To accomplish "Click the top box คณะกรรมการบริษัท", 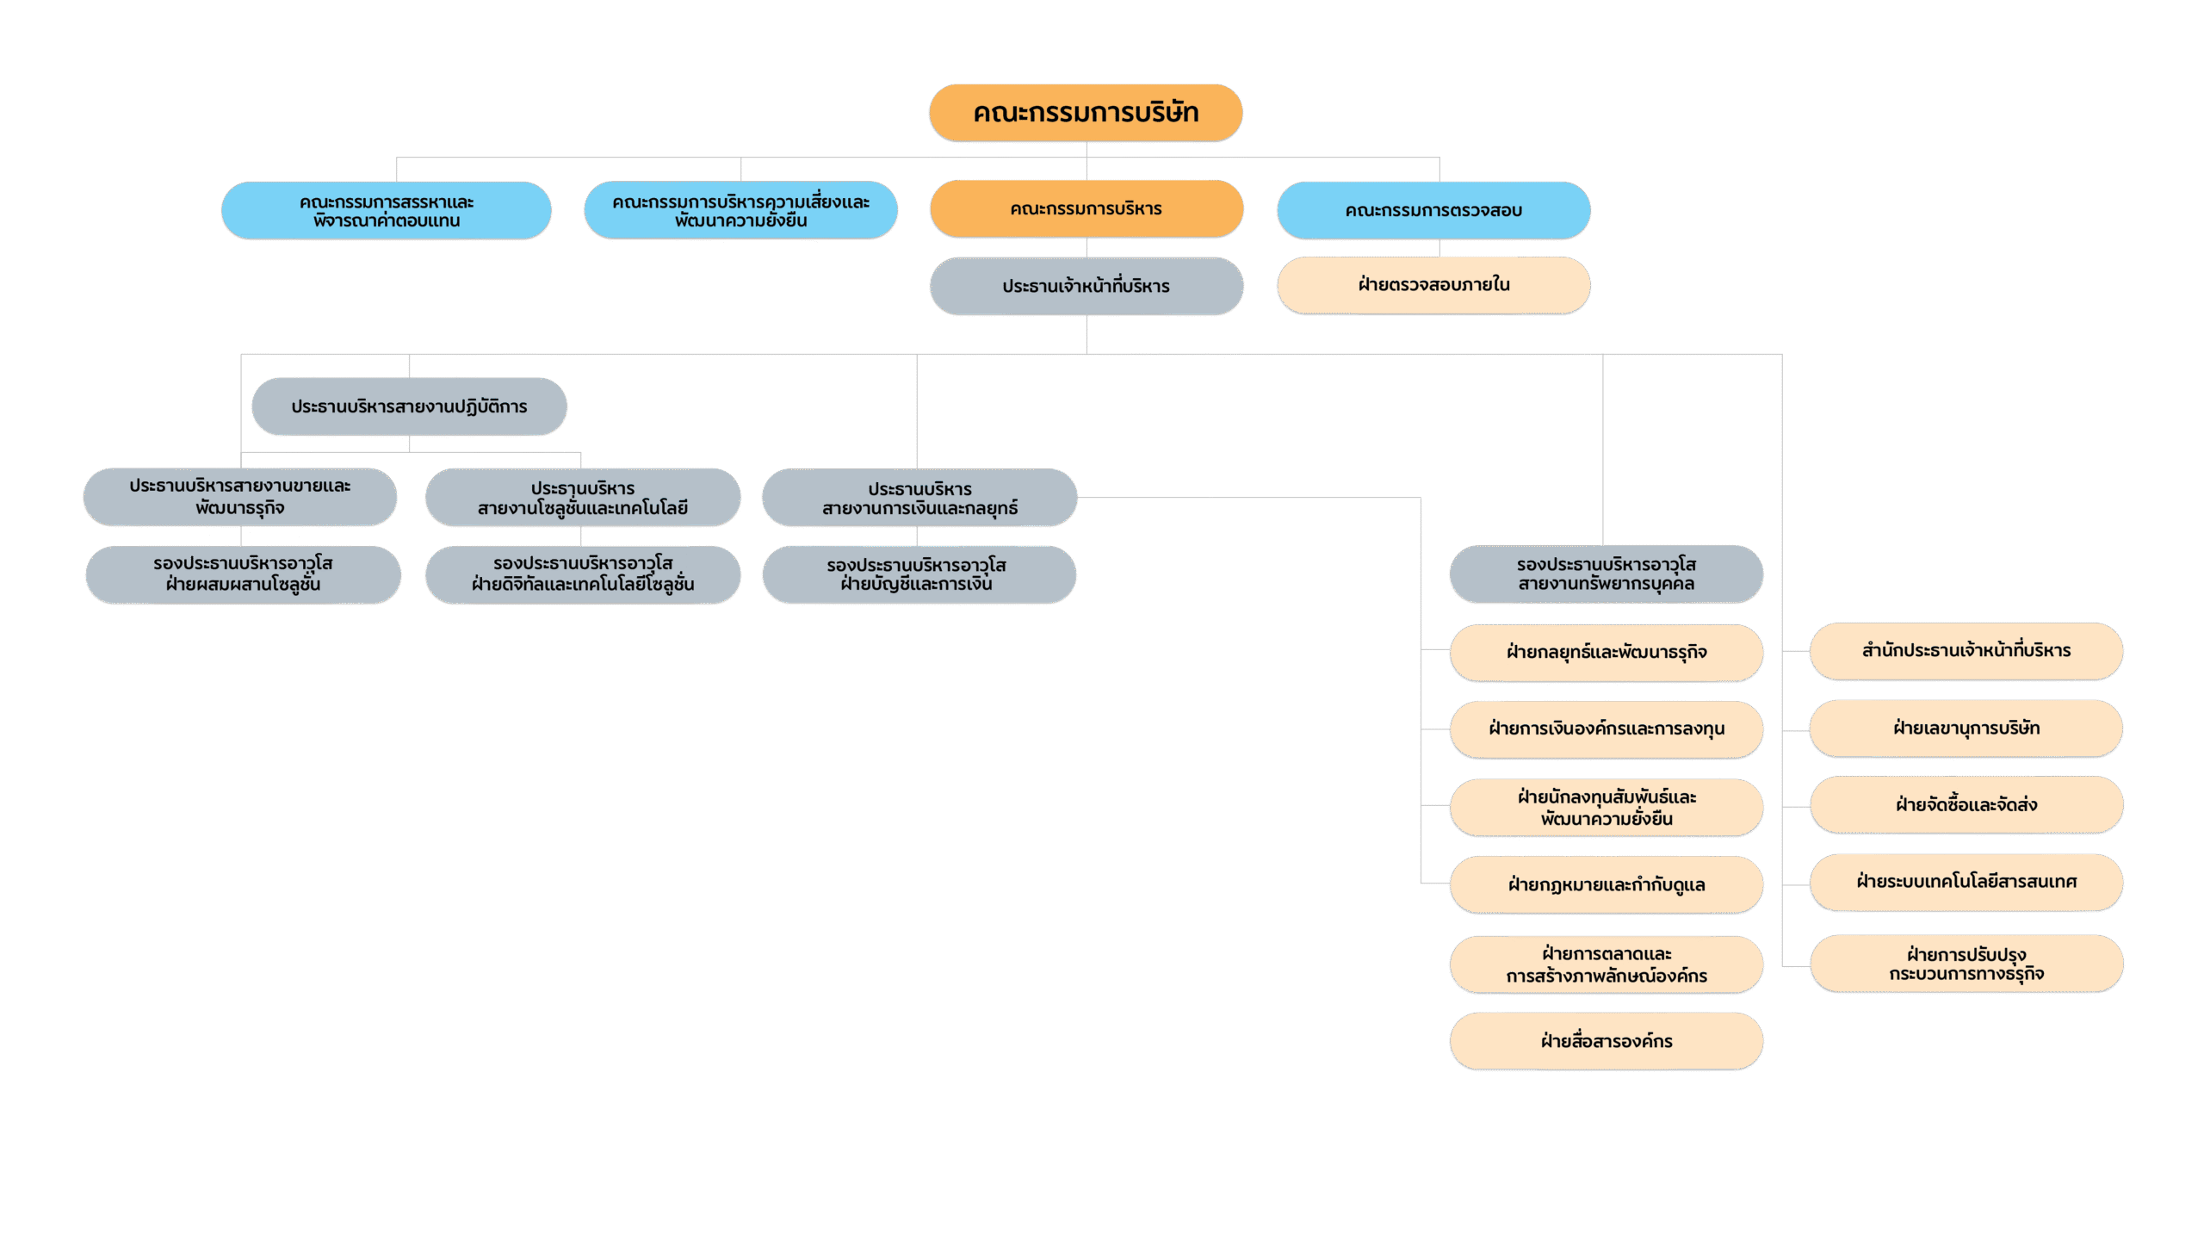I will [1086, 112].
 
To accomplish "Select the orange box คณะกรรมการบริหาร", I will [1087, 208].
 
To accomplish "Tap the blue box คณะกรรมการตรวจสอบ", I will [1433, 210].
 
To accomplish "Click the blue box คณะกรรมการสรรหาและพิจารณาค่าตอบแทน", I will [387, 210].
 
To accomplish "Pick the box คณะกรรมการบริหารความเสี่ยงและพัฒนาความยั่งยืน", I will [740, 210].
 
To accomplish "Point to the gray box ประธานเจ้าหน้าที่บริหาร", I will [1087, 286].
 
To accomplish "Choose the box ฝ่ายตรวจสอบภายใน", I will [1433, 285].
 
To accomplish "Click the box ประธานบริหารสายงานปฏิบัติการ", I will [409, 406].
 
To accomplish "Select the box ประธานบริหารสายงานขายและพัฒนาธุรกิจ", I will [240, 497].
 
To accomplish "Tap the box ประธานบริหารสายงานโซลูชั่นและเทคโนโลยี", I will [583, 498].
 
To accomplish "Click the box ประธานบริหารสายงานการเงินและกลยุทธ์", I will [919, 498].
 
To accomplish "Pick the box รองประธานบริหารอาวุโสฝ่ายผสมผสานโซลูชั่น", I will [243, 574].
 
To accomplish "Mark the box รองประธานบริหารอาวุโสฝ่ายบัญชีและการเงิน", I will [919, 574].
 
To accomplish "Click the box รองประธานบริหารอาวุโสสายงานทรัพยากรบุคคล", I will [1607, 573].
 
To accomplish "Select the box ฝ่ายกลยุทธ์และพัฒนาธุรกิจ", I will [1607, 653].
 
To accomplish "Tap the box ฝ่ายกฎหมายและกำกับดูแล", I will [1607, 884].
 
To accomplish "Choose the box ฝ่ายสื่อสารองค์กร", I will [1607, 1041].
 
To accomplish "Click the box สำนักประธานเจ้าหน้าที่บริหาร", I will [1966, 651].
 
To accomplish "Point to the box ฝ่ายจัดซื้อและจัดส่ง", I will [1966, 805].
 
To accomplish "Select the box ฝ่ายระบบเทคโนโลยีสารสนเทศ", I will [1966, 882].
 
